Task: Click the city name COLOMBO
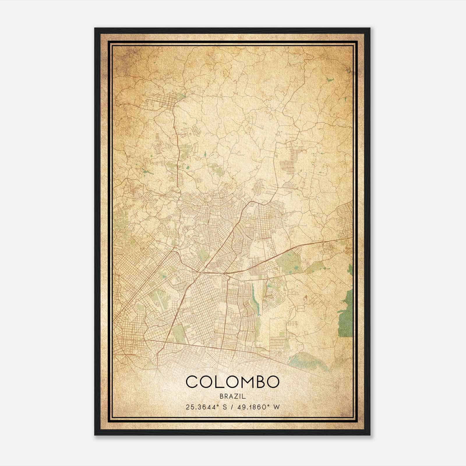[232, 382]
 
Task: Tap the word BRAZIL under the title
[233, 396]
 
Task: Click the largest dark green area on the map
[345, 316]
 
